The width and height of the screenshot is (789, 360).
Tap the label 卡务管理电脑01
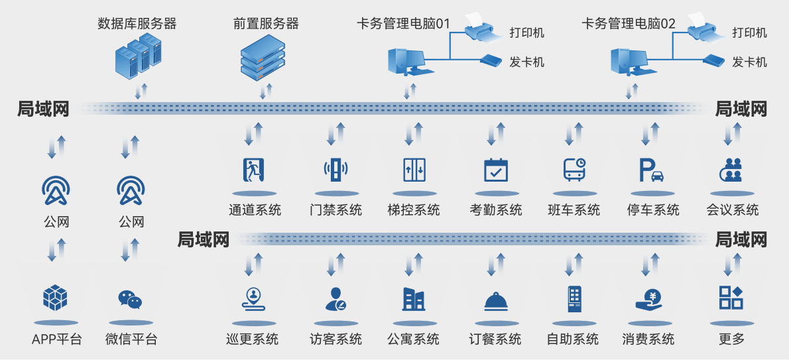pos(403,24)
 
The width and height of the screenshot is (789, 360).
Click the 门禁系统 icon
pos(335,170)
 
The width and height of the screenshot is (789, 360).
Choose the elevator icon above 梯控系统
pos(414,170)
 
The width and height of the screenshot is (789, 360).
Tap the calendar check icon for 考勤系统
pos(495,170)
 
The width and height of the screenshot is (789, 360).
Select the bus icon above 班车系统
pos(574,170)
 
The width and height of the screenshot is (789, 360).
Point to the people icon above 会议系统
pos(732,170)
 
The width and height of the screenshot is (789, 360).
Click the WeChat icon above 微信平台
pos(130,300)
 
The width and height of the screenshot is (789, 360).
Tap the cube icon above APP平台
pos(56,298)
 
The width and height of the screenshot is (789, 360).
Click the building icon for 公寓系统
pos(414,299)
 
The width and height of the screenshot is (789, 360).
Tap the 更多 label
pos(731,339)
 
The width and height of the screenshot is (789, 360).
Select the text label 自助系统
pos(572,339)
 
